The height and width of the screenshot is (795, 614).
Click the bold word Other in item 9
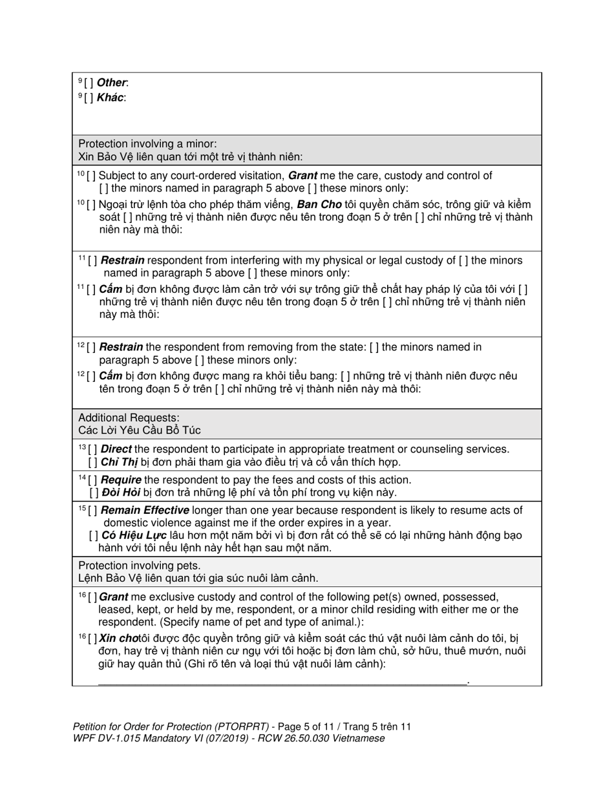112,83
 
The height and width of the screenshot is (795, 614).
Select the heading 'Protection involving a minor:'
147,143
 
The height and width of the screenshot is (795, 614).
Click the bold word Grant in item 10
302,176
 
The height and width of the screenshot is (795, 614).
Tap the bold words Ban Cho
319,204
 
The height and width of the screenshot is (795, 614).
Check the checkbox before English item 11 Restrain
92,260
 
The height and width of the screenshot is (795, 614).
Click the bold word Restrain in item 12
122,347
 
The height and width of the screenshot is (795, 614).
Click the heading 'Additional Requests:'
129,418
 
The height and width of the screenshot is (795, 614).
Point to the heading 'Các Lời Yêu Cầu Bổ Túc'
140,430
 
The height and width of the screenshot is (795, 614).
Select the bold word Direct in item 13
116,449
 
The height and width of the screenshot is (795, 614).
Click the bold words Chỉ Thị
120,462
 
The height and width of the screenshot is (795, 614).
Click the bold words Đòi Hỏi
121,493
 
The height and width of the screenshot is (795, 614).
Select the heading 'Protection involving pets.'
139,566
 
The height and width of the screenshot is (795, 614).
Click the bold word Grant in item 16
114,597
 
